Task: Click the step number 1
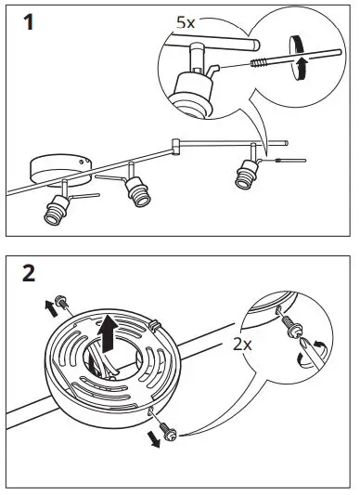[32, 22]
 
